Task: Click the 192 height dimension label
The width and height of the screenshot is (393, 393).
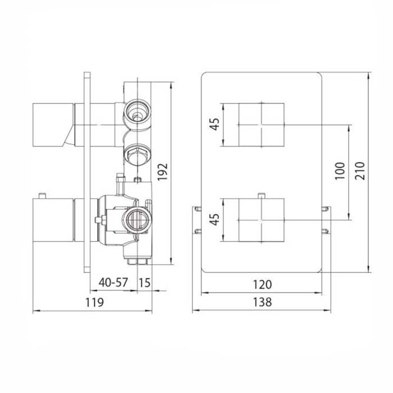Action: (x=162, y=172)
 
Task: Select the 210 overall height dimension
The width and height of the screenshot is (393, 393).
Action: (x=360, y=171)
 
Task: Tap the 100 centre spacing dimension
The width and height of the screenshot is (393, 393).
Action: (x=340, y=171)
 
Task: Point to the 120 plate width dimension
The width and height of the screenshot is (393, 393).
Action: (x=262, y=285)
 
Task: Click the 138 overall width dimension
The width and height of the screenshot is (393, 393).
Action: (x=262, y=302)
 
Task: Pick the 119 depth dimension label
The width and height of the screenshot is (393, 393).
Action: (x=94, y=302)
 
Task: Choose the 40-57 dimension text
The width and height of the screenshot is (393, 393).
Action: (x=113, y=282)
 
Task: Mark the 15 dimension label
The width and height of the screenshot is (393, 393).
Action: (x=145, y=283)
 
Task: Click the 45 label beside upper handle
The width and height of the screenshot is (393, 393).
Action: (x=214, y=124)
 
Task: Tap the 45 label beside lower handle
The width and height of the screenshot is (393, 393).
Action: (x=214, y=220)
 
